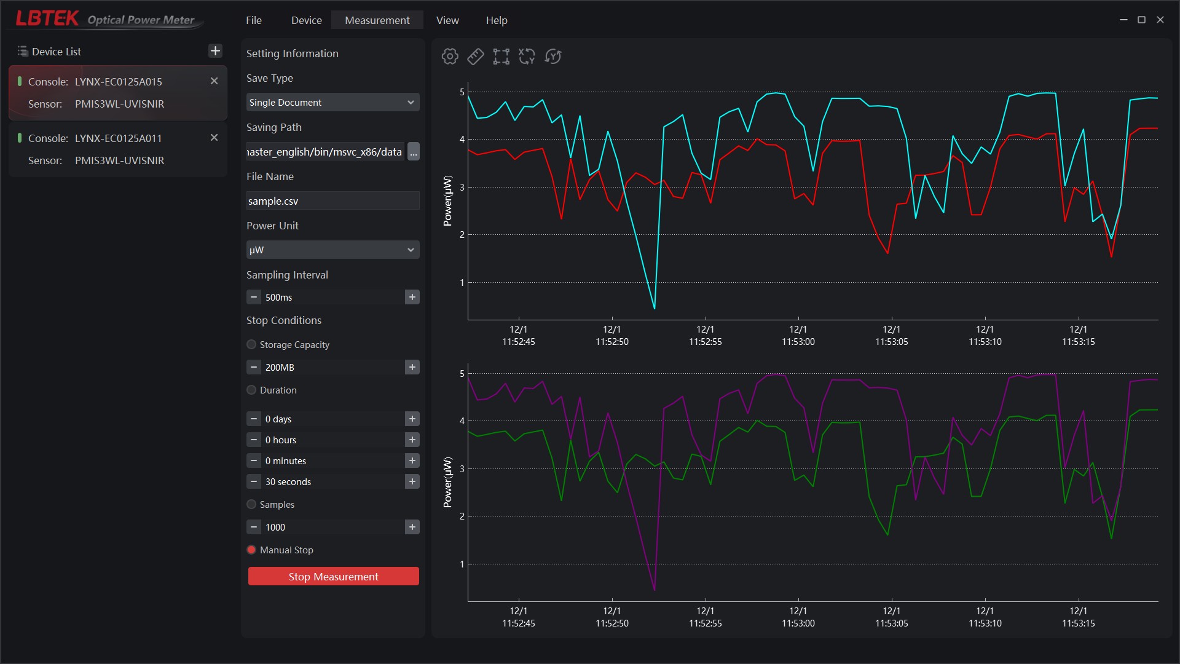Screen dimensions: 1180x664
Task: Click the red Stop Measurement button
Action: click(333, 576)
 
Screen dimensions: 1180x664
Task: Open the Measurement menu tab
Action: click(377, 20)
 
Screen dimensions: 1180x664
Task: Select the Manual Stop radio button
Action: click(251, 550)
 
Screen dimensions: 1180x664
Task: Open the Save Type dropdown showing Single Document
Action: click(332, 102)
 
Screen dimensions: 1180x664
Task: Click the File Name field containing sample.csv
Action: click(332, 201)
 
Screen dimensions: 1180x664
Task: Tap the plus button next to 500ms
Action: click(412, 297)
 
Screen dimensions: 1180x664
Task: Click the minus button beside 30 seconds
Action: click(254, 481)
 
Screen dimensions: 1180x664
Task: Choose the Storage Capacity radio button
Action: click(251, 344)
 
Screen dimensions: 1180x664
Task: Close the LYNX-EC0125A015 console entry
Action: click(214, 81)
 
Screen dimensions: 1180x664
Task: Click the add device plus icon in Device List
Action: click(215, 51)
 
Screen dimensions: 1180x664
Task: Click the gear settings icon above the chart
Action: click(450, 57)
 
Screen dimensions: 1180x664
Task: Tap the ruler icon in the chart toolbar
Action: click(476, 57)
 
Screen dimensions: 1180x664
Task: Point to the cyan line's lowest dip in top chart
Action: click(655, 308)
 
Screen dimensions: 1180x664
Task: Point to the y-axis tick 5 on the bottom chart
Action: click(462, 373)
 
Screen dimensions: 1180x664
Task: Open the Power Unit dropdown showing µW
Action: click(332, 250)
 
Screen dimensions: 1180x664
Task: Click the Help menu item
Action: click(497, 20)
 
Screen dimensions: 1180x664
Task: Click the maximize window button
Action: click(1141, 20)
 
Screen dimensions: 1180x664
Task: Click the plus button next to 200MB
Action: click(412, 367)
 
